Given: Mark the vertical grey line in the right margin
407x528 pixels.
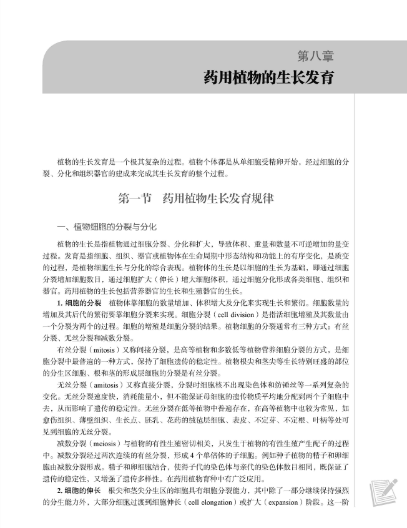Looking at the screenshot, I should tap(355, 250).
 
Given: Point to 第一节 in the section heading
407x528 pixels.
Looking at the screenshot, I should tap(135, 199).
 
